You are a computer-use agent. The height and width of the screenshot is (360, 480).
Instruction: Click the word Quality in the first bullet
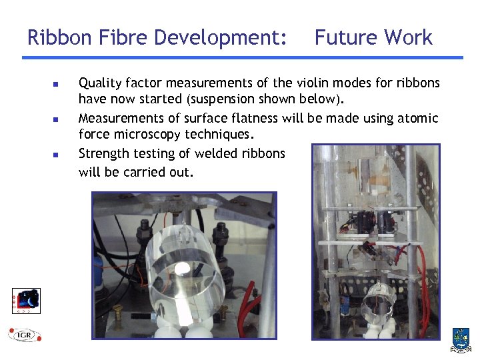tap(100, 84)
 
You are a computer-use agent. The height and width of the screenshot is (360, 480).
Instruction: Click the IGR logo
tap(25, 334)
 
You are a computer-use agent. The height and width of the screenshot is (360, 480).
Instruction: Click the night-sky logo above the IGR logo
tap(27, 300)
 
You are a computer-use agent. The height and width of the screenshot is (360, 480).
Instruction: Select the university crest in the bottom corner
tap(461, 339)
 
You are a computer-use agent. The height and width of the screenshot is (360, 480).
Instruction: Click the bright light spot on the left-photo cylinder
tap(182, 269)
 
